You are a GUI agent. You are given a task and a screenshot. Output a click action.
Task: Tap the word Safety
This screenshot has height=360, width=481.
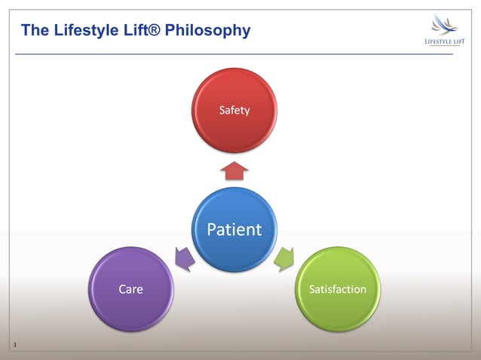point(234,111)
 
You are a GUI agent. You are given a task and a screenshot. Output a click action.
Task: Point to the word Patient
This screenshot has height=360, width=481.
point(234,230)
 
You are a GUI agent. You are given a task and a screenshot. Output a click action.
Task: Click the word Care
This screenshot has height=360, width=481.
point(130,289)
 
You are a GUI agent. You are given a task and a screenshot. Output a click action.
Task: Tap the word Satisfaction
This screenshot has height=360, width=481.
point(338,289)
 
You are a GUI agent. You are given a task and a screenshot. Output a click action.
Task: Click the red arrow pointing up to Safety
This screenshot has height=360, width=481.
point(234,170)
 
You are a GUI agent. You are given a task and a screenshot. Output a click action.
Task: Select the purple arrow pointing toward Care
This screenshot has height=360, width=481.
point(184,258)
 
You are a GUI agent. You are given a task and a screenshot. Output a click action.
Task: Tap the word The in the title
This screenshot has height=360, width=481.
point(34,31)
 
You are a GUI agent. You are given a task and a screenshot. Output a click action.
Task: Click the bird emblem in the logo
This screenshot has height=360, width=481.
point(444,25)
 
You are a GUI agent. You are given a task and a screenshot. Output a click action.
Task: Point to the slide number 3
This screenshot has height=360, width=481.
point(14,346)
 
